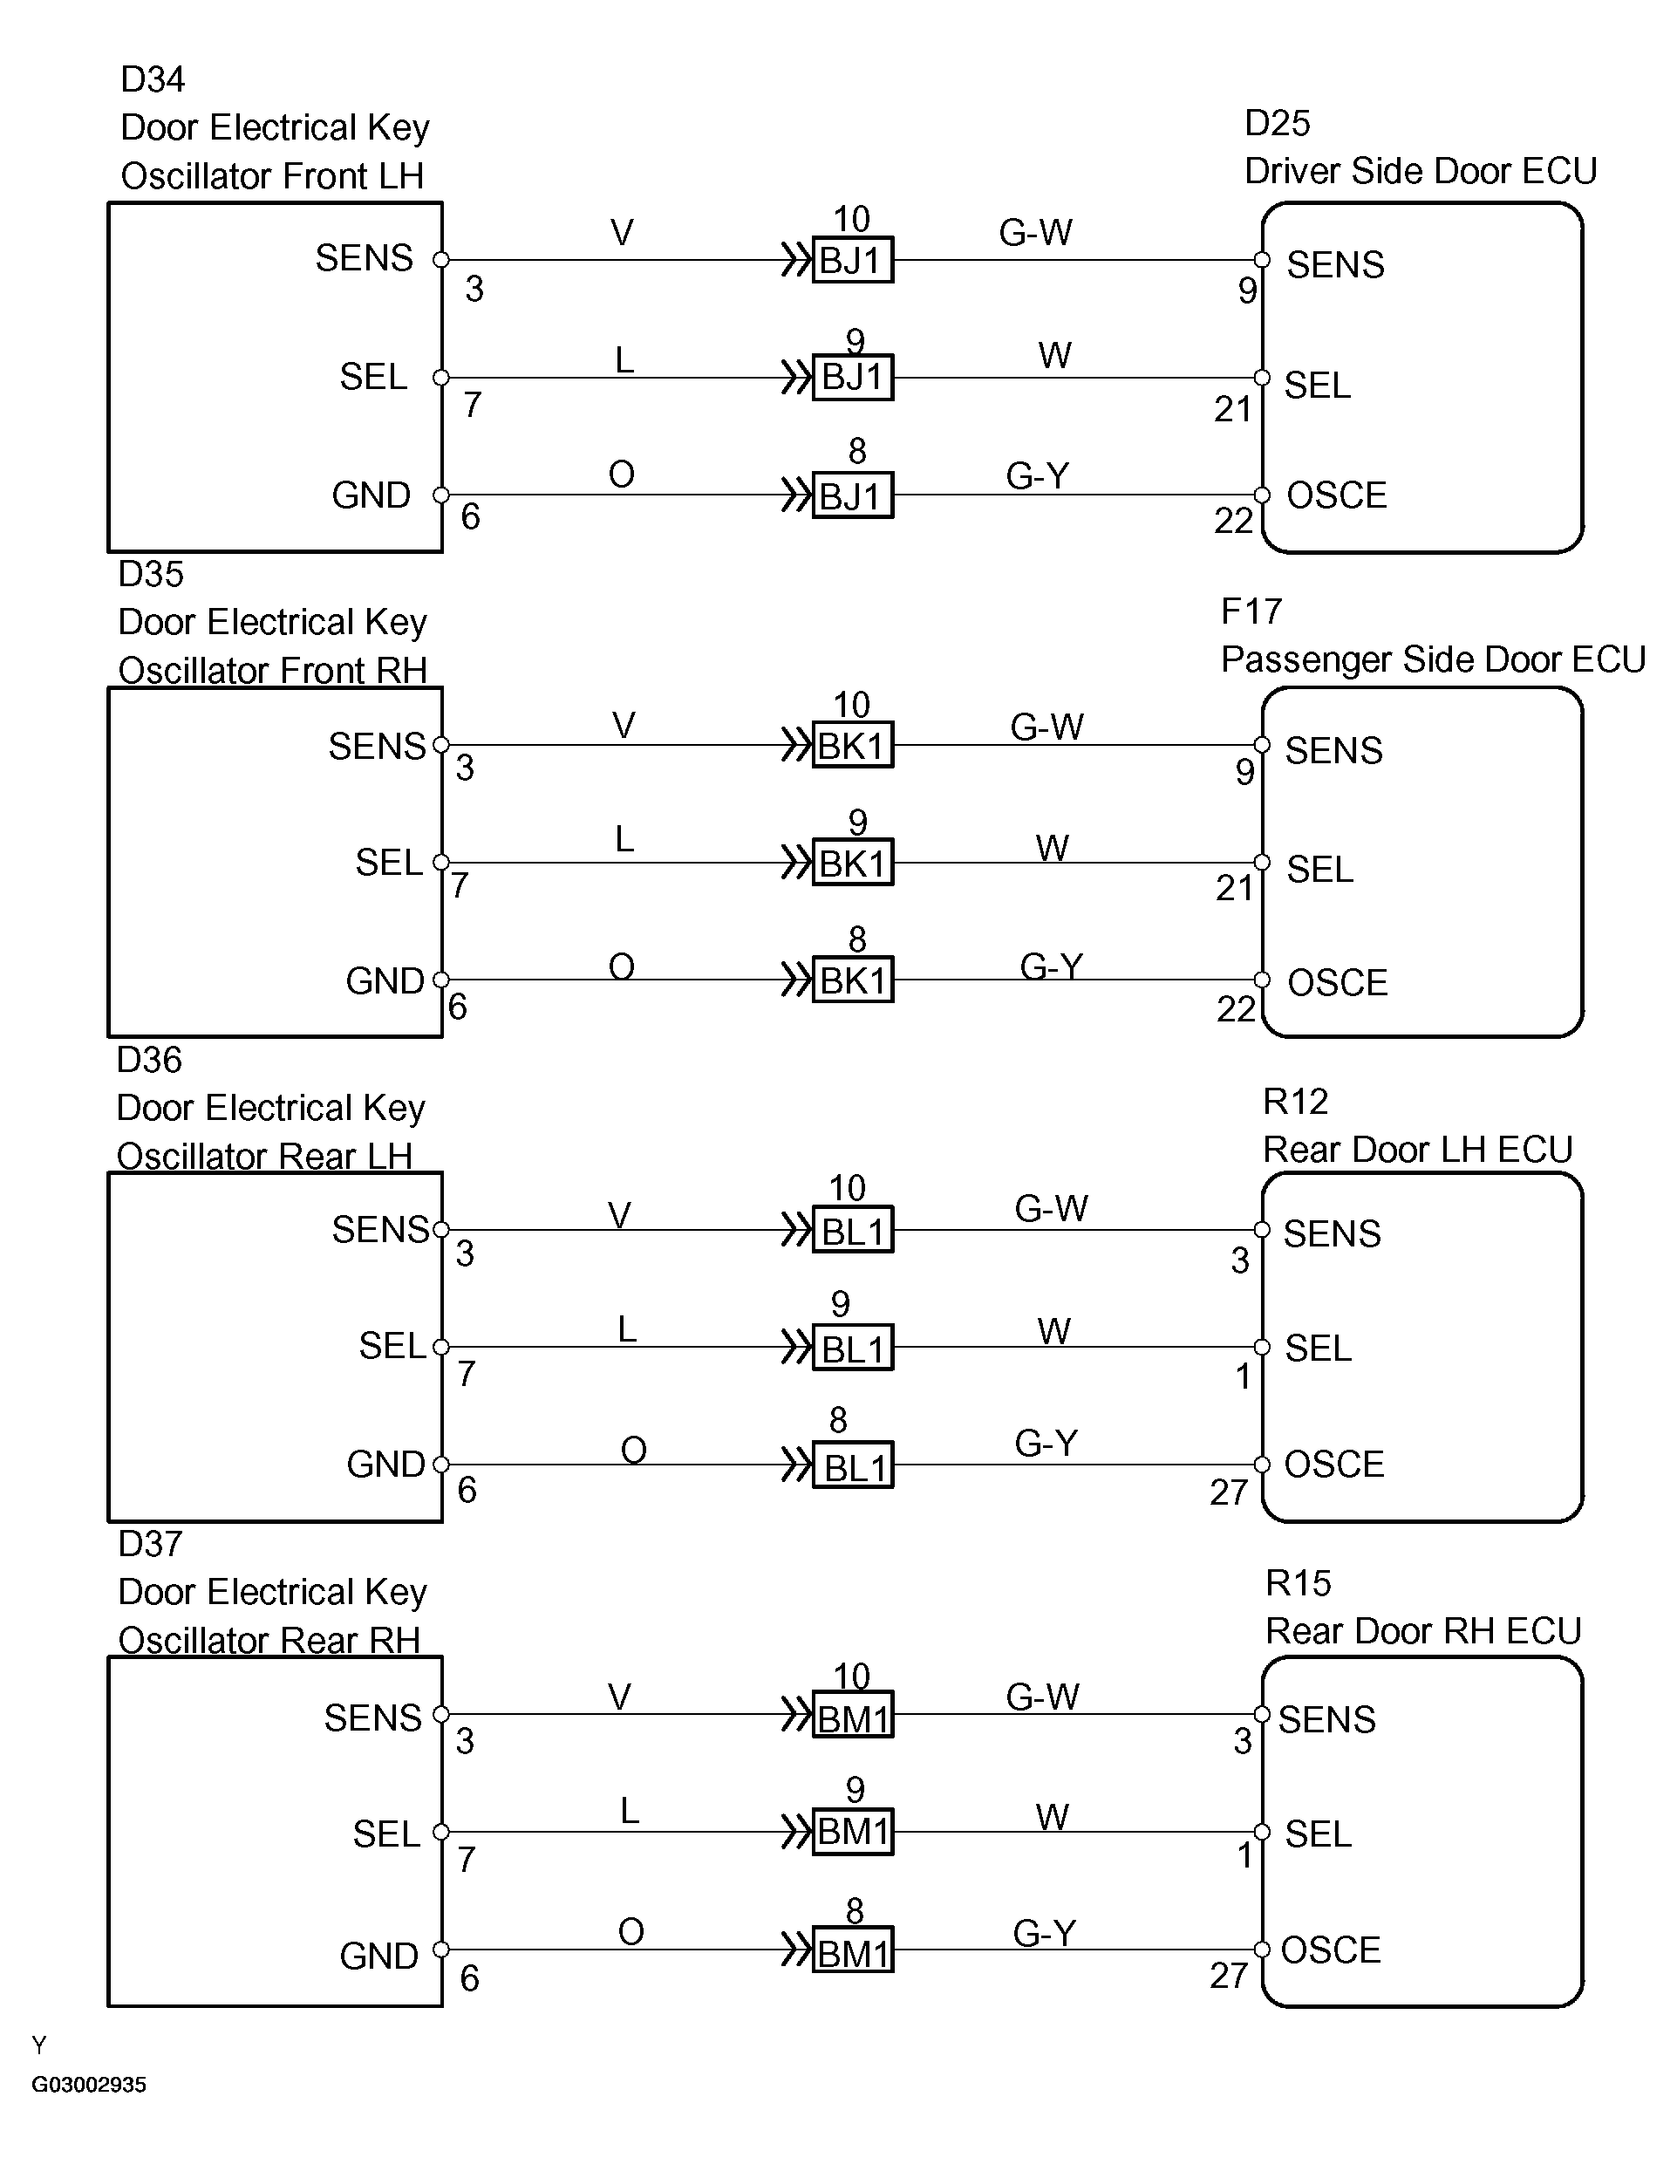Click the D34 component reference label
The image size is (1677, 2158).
[x=152, y=79]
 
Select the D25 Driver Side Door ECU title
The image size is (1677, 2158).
[x=1421, y=171]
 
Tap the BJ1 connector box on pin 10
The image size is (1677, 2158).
[x=852, y=261]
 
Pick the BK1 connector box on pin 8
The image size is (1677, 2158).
[x=852, y=980]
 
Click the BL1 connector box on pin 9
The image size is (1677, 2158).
[x=852, y=1349]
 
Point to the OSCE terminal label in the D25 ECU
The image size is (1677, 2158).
[x=1336, y=495]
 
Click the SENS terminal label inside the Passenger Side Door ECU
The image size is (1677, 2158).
[x=1333, y=751]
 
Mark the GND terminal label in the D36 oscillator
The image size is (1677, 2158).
[x=385, y=1465]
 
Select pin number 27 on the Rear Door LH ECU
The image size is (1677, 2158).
[x=1229, y=1492]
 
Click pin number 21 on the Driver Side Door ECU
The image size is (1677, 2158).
[x=1232, y=409]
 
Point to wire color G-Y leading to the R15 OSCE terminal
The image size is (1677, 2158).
[x=1044, y=1933]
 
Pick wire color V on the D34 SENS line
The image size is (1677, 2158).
[x=621, y=233]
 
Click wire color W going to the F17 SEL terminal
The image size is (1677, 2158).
[x=1052, y=848]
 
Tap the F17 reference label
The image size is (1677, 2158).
[x=1251, y=611]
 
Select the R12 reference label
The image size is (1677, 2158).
[x=1295, y=1101]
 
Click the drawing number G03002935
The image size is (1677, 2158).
[x=89, y=2085]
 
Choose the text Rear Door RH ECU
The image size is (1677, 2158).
[x=1423, y=1630]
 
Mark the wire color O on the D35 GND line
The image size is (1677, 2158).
[x=621, y=966]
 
